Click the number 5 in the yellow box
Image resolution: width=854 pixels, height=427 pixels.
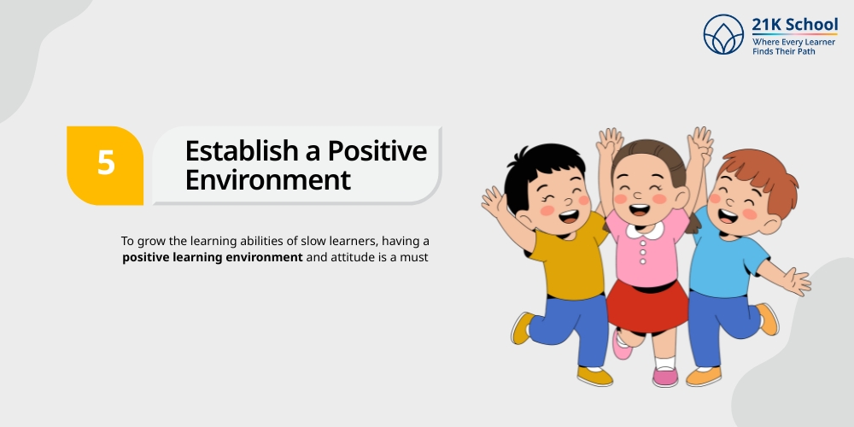[106, 162]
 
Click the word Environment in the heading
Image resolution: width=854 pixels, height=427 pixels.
[267, 180]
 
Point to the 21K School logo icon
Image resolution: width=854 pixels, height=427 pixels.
[723, 34]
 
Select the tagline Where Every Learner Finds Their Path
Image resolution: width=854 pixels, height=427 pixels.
[793, 46]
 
